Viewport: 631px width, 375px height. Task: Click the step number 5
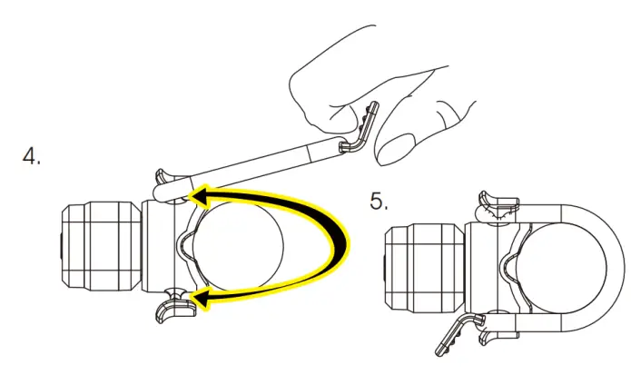[x=380, y=200]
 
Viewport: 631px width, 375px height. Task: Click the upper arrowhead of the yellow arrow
[x=202, y=193]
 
